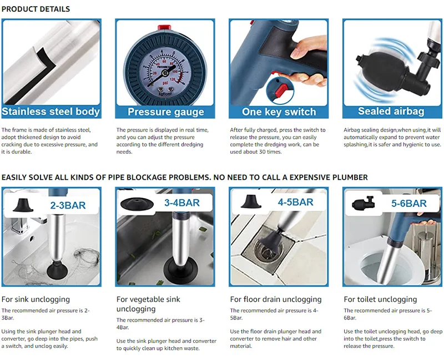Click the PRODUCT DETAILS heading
[36, 9]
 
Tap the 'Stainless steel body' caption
[51, 111]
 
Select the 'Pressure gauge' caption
[165, 112]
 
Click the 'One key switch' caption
[279, 112]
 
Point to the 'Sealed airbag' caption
[391, 111]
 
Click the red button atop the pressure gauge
[164, 27]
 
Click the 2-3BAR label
[68, 205]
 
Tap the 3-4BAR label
[182, 203]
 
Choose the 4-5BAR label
[296, 202]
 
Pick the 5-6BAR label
[409, 204]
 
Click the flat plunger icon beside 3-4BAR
[137, 204]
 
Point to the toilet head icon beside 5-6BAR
[364, 202]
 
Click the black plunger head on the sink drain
[57, 270]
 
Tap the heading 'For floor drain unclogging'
[276, 300]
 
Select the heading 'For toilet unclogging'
[380, 300]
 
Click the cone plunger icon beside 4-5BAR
[251, 201]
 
